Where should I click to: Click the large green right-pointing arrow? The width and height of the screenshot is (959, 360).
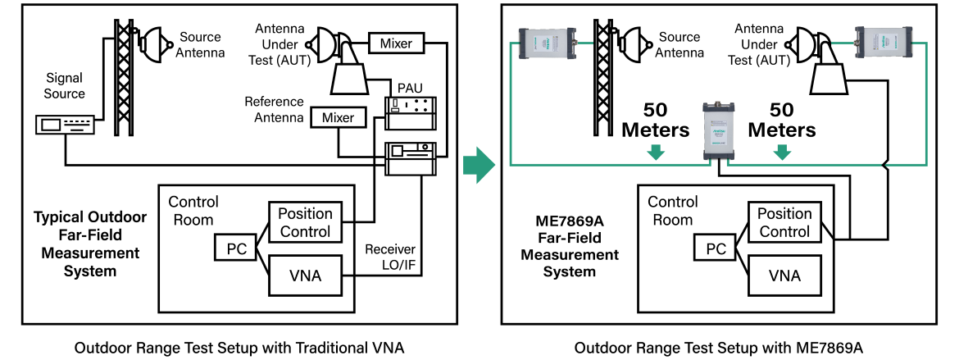coord(479,165)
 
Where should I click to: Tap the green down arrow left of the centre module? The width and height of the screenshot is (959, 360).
coord(655,153)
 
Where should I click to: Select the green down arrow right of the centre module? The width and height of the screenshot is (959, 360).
coord(782,153)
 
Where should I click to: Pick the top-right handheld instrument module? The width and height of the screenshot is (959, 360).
coord(884,43)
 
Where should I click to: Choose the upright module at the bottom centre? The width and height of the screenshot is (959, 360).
coord(719,130)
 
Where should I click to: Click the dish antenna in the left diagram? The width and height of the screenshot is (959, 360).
coord(327,45)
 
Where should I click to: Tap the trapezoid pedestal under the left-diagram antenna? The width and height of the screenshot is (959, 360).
coord(349,79)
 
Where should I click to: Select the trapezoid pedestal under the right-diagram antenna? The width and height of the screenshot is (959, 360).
coord(829,79)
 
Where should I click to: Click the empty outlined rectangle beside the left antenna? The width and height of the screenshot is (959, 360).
coord(396,43)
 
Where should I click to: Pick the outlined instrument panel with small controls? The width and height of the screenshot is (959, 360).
coord(411,113)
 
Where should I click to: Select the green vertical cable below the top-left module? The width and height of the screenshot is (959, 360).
coord(511,107)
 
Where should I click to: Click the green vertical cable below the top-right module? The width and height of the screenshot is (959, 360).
coord(926,107)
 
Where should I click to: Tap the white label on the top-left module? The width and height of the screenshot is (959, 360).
coord(544,43)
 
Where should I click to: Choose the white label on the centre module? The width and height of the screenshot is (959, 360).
coord(719,133)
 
